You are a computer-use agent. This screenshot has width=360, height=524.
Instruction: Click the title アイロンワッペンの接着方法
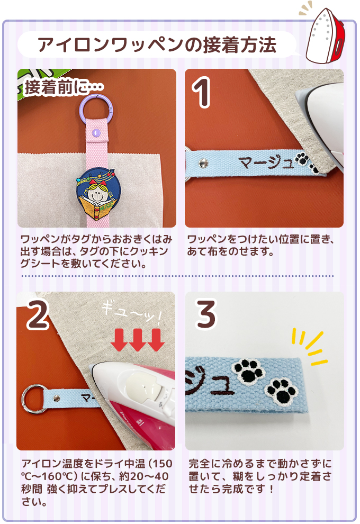pos(157,45)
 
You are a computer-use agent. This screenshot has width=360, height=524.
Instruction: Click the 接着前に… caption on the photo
pos(64,87)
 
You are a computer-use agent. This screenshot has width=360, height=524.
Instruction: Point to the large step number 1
pos(202,92)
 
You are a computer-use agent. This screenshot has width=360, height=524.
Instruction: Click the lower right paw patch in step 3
pos(286,391)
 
